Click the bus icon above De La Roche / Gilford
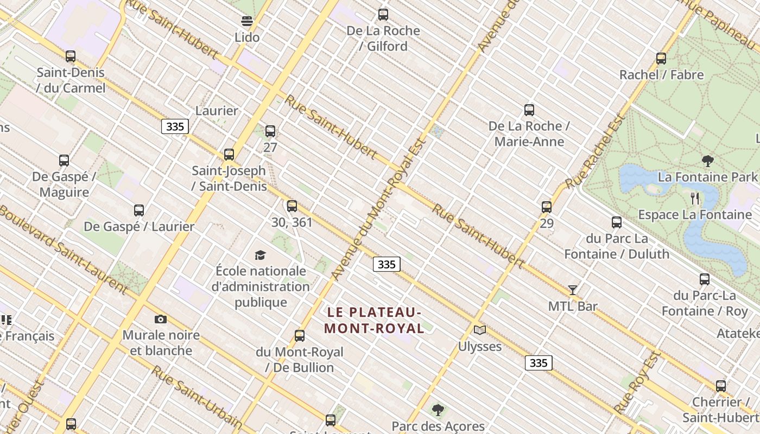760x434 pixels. click(x=383, y=15)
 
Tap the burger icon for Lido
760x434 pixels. click(x=247, y=22)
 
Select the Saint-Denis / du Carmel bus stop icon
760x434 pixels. click(x=71, y=56)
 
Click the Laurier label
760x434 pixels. click(x=217, y=111)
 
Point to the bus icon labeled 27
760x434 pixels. click(x=270, y=131)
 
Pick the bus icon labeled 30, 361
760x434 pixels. click(x=292, y=206)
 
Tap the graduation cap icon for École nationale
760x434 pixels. click(x=261, y=255)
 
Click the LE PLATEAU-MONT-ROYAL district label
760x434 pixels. click(x=374, y=320)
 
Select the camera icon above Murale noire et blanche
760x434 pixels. click(x=161, y=319)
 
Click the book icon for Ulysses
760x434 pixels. click(x=480, y=330)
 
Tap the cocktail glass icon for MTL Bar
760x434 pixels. click(x=573, y=290)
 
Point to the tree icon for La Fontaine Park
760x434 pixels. click(x=707, y=161)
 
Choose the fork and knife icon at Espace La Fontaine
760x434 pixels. click(x=695, y=198)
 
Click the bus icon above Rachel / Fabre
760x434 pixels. click(x=661, y=59)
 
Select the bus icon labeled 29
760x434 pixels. click(x=547, y=207)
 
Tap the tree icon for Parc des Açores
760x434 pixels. click(x=438, y=410)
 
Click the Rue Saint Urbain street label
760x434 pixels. click(x=196, y=397)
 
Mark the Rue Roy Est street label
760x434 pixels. click(x=637, y=382)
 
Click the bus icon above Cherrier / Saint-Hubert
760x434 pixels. click(x=721, y=386)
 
